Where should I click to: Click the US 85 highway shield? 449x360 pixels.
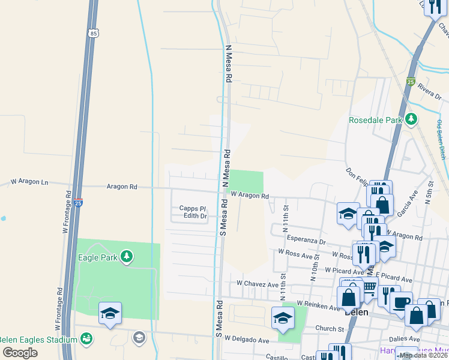click(92, 34)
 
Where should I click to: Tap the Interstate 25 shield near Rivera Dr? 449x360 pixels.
click(410, 81)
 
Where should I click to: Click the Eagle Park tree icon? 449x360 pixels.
click(126, 257)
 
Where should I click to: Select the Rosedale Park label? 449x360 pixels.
click(375, 120)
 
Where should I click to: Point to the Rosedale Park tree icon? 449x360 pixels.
click(411, 119)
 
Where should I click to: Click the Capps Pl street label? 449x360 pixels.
click(193, 208)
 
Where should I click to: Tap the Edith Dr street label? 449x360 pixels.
click(195, 215)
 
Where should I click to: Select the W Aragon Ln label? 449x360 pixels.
click(29, 181)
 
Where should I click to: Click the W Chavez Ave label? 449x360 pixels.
click(258, 283)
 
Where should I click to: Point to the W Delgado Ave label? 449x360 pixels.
click(247, 340)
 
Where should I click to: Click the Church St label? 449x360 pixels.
click(330, 329)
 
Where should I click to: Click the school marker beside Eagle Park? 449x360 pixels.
click(110, 313)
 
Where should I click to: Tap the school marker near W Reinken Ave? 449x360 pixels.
click(283, 318)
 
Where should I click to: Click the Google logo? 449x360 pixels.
click(20, 352)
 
